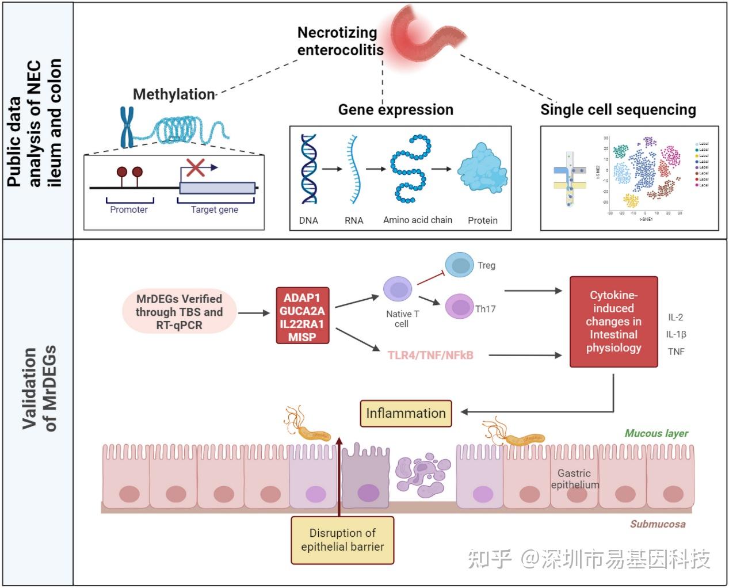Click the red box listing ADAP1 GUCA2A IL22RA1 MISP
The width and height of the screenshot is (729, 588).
pos(303,315)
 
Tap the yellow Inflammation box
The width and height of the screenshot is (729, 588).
pos(406,413)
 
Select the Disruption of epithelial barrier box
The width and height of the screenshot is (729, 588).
pos(342,540)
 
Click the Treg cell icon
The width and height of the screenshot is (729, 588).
pos(459,265)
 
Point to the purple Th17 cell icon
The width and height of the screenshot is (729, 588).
pos(459,307)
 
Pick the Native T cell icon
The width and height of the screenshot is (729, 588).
pos(398,289)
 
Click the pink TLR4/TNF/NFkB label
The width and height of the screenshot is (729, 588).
pos(430,355)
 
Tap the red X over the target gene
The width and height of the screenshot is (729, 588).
pos(196,167)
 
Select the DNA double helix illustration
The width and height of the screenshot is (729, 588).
pos(309,169)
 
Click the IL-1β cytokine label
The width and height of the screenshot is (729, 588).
pos(676,334)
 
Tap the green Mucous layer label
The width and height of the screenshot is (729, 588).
pos(656,433)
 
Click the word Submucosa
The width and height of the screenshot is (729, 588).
pos(657,524)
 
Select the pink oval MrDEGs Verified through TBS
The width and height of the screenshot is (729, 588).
pos(179,312)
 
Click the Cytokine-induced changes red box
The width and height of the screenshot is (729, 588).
pos(613,322)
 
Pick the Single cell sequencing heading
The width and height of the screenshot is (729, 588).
pos(618,109)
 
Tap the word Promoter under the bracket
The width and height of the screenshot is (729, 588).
pos(129,210)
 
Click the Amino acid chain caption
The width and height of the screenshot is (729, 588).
pos(418,220)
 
